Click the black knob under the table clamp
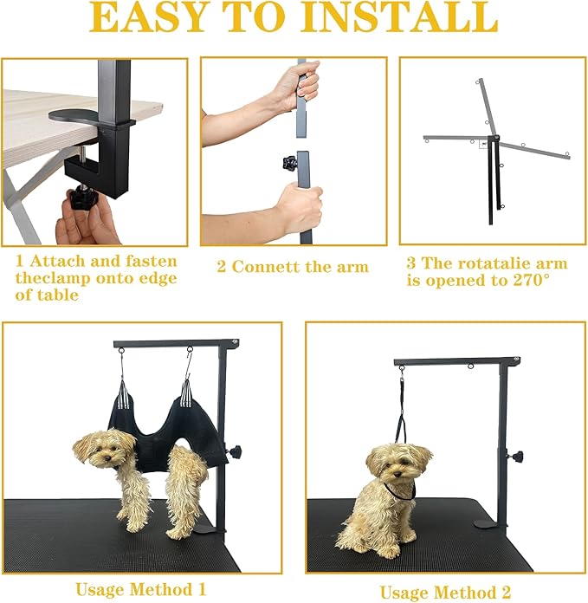tap(81, 197)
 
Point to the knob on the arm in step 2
tap(290, 163)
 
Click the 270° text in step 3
tap(531, 280)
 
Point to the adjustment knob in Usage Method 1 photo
tap(235, 450)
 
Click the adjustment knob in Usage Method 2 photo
tap(516, 457)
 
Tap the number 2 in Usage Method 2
tap(506, 593)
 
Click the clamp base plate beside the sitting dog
tap(490, 523)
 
